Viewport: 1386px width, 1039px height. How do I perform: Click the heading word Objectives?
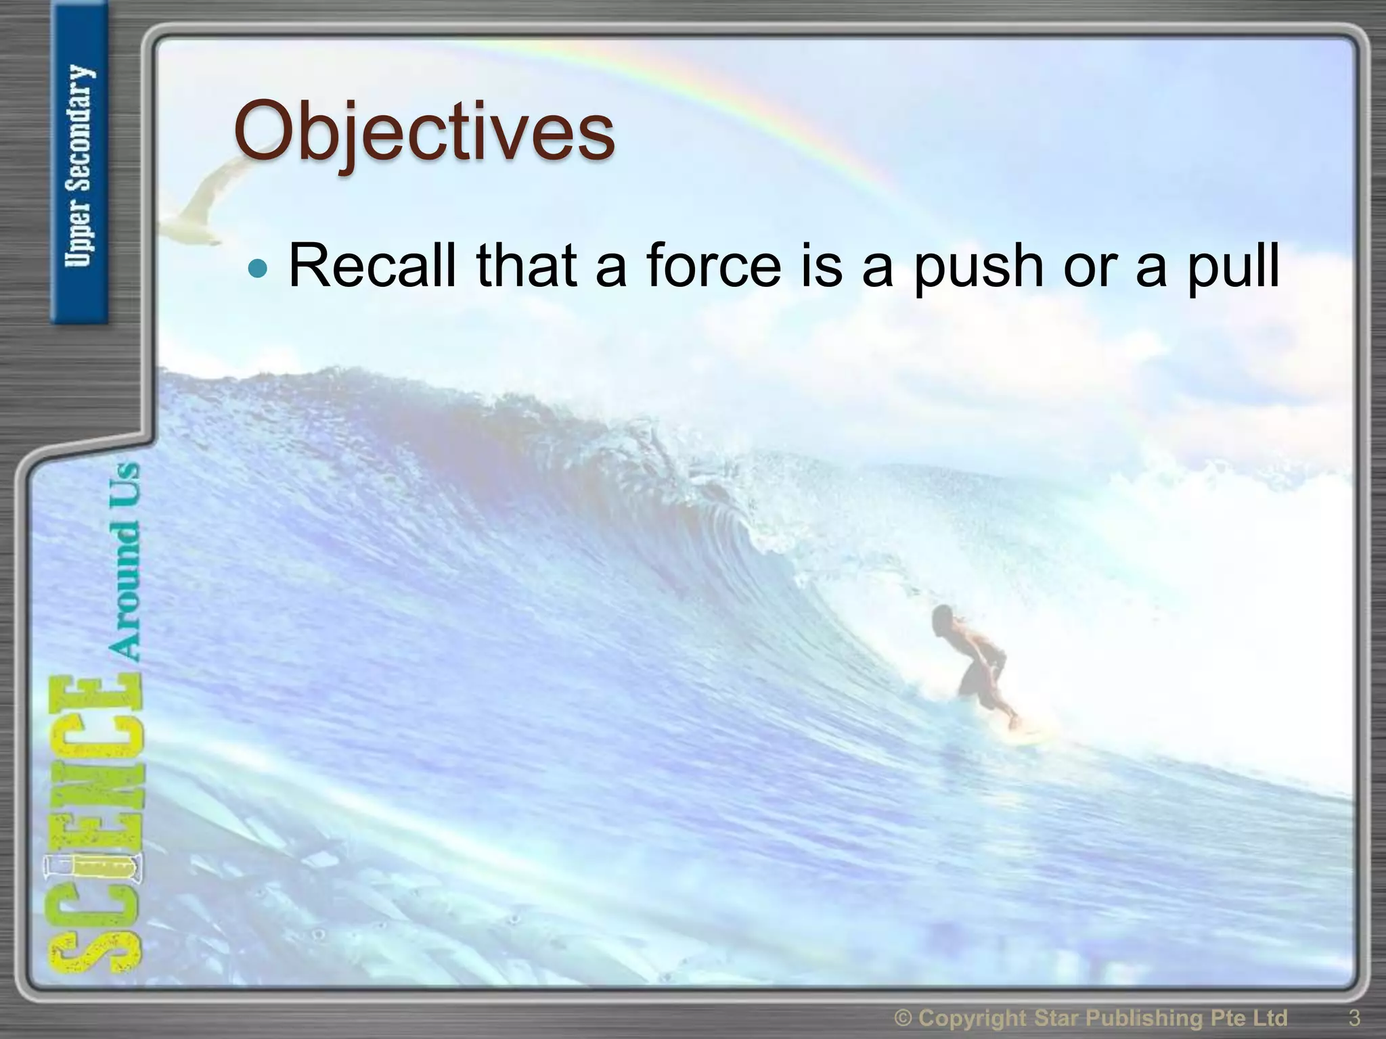424,132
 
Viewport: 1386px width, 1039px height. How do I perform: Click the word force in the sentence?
713,266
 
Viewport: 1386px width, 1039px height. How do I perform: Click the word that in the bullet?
527,266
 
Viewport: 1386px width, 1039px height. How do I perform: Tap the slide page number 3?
1354,1017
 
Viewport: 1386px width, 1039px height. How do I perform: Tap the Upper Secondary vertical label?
80,166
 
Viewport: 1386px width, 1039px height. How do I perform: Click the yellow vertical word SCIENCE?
95,825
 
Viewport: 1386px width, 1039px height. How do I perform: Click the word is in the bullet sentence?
822,266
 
